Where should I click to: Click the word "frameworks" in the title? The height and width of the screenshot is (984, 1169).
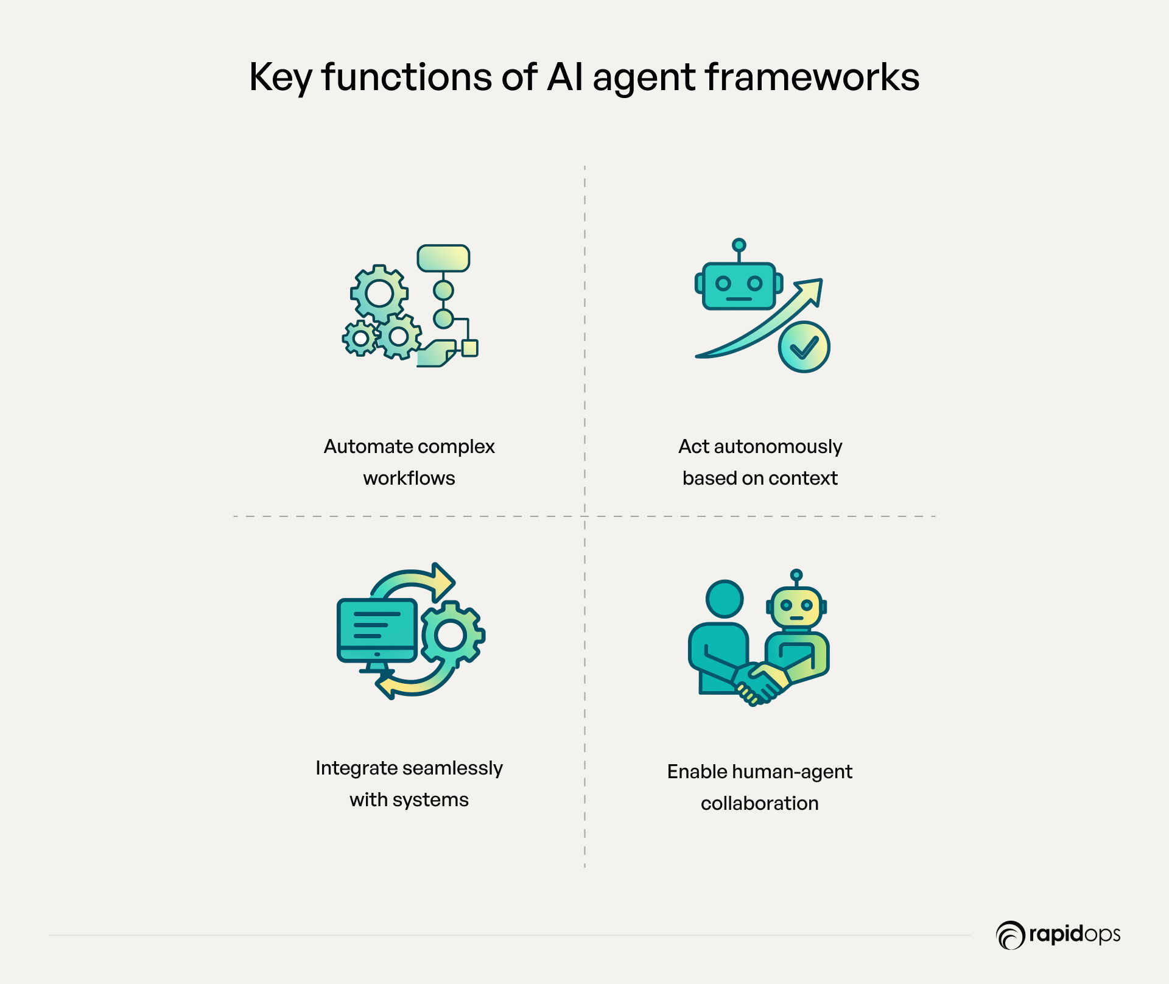pyautogui.click(x=812, y=77)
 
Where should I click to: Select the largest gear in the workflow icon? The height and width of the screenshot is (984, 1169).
pyautogui.click(x=379, y=294)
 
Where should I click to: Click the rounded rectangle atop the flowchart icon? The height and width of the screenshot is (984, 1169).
pyautogui.click(x=443, y=258)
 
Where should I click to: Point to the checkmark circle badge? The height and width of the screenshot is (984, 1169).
pyautogui.click(x=804, y=347)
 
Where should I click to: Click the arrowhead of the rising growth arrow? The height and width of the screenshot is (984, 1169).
pyautogui.click(x=810, y=290)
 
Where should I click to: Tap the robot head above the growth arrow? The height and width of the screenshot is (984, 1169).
pyautogui.click(x=739, y=285)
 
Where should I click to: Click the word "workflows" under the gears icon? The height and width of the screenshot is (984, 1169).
pyautogui.click(x=409, y=478)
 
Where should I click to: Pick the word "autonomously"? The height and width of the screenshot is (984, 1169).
pyautogui.click(x=778, y=448)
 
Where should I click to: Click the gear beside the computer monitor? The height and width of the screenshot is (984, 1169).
pyautogui.click(x=451, y=635)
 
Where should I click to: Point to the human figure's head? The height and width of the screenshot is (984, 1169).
pyautogui.click(x=725, y=599)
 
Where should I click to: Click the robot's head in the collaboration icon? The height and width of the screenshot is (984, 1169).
pyautogui.click(x=796, y=607)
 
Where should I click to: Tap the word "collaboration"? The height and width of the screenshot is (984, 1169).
pyautogui.click(x=760, y=803)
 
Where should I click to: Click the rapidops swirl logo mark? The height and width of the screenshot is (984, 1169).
pyautogui.click(x=1011, y=935)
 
